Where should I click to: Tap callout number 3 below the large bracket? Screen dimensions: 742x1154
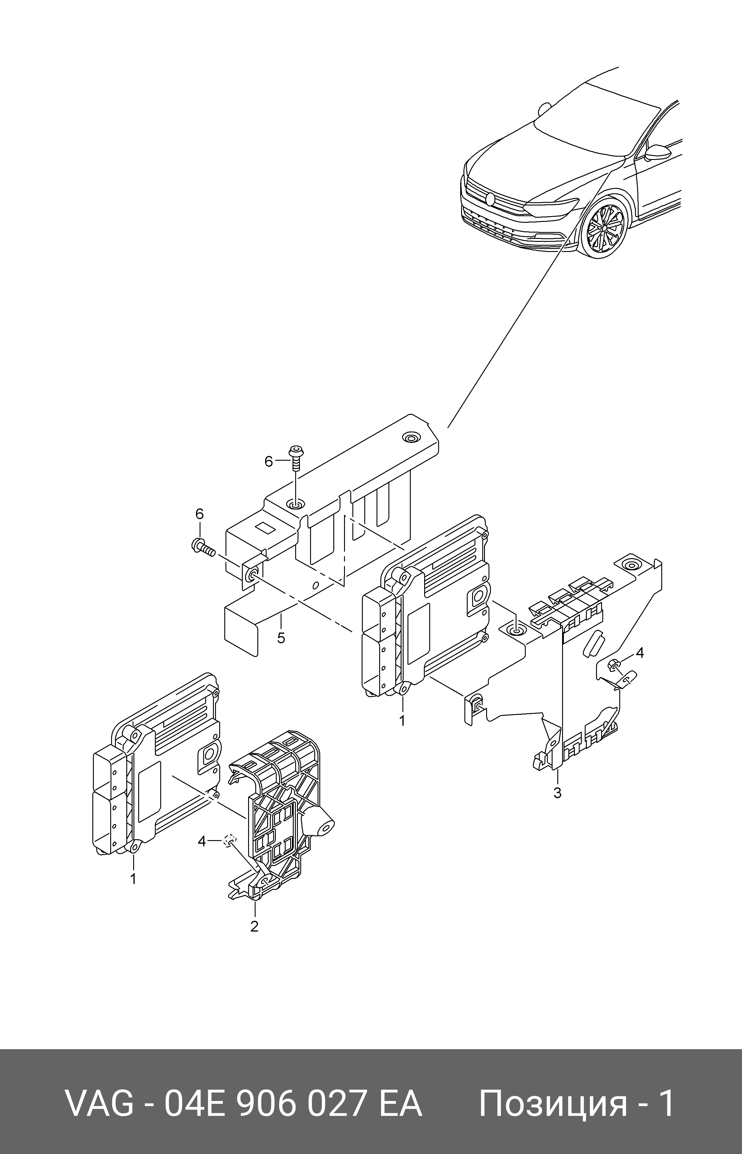[x=557, y=792]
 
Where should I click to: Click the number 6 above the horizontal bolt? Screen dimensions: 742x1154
[x=200, y=513]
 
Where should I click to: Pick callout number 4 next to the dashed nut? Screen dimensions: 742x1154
[x=202, y=841]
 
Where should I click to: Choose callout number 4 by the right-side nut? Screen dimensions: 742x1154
[x=640, y=652]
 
